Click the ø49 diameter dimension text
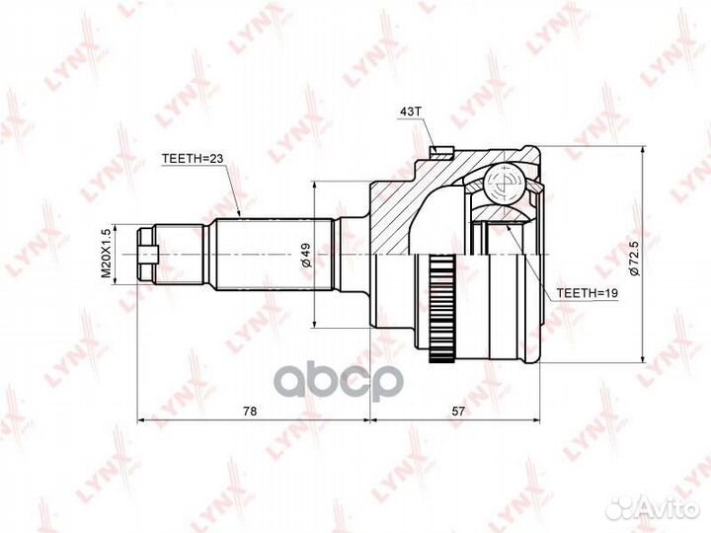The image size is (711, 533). click(306, 254)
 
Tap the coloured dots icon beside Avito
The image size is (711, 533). click(620, 507)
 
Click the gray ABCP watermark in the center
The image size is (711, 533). click(355, 379)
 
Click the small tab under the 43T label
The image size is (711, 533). click(441, 152)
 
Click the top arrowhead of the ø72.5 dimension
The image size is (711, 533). click(643, 151)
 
